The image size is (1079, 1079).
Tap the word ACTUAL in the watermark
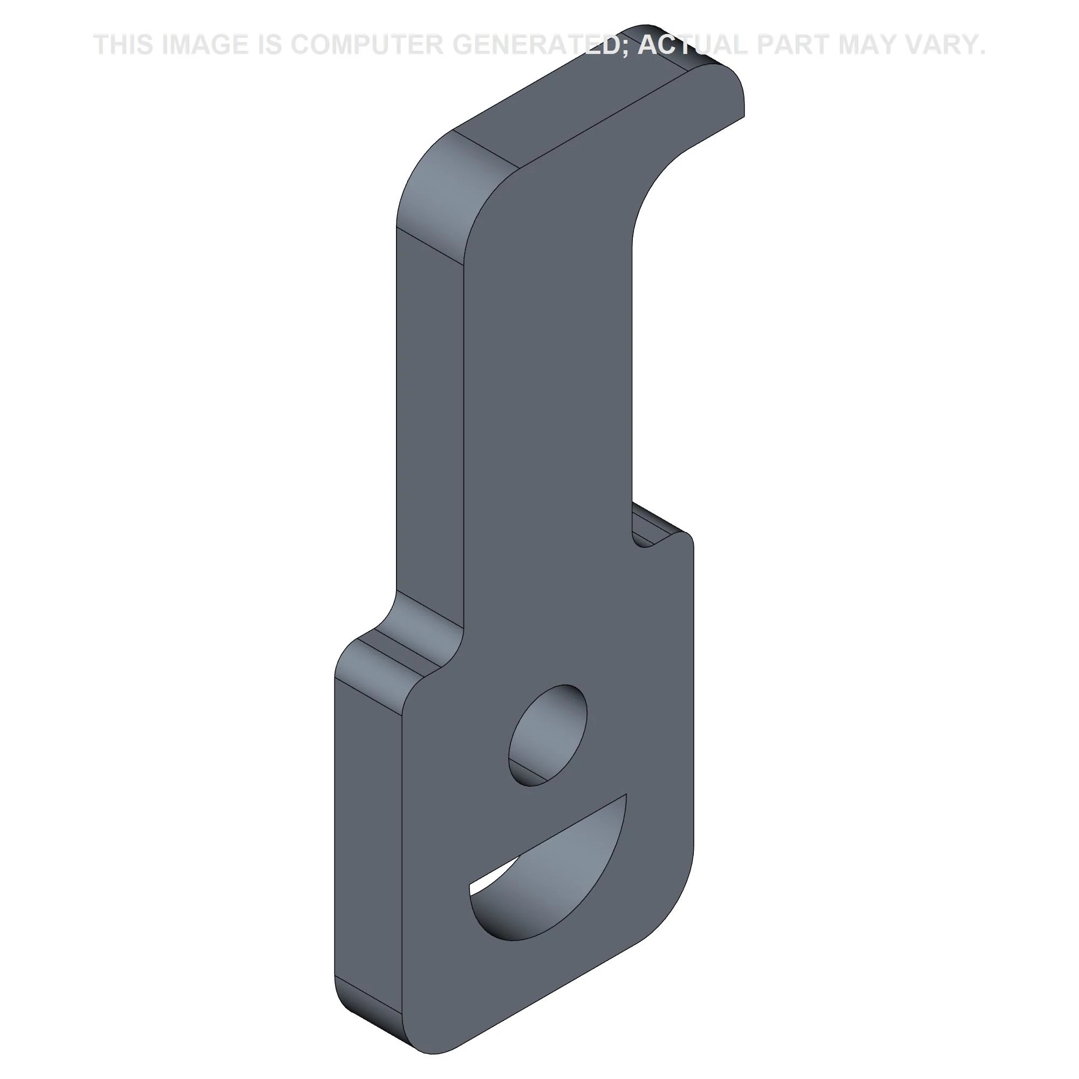pyautogui.click(x=693, y=45)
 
